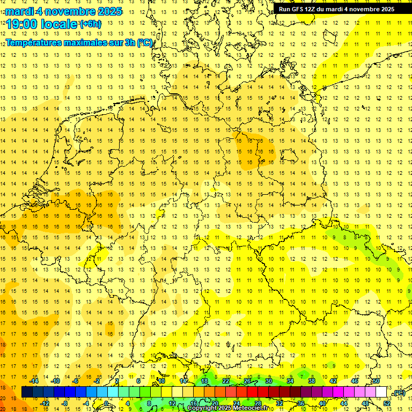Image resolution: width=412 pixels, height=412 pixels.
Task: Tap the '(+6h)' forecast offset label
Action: [x=90, y=24]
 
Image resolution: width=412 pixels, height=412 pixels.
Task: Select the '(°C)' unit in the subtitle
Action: [x=145, y=42]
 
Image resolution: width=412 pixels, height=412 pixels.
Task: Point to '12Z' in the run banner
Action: [x=314, y=9]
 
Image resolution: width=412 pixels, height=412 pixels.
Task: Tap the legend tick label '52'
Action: [x=387, y=403]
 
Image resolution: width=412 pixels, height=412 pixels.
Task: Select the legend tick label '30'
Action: [x=269, y=381]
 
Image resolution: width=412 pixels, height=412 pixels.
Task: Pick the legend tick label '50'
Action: [x=376, y=381]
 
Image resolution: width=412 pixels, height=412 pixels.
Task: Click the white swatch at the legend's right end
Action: [x=381, y=392]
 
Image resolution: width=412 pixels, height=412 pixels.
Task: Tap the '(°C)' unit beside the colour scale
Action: [x=398, y=393]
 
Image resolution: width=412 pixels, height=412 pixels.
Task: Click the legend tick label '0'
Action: [x=106, y=403]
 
